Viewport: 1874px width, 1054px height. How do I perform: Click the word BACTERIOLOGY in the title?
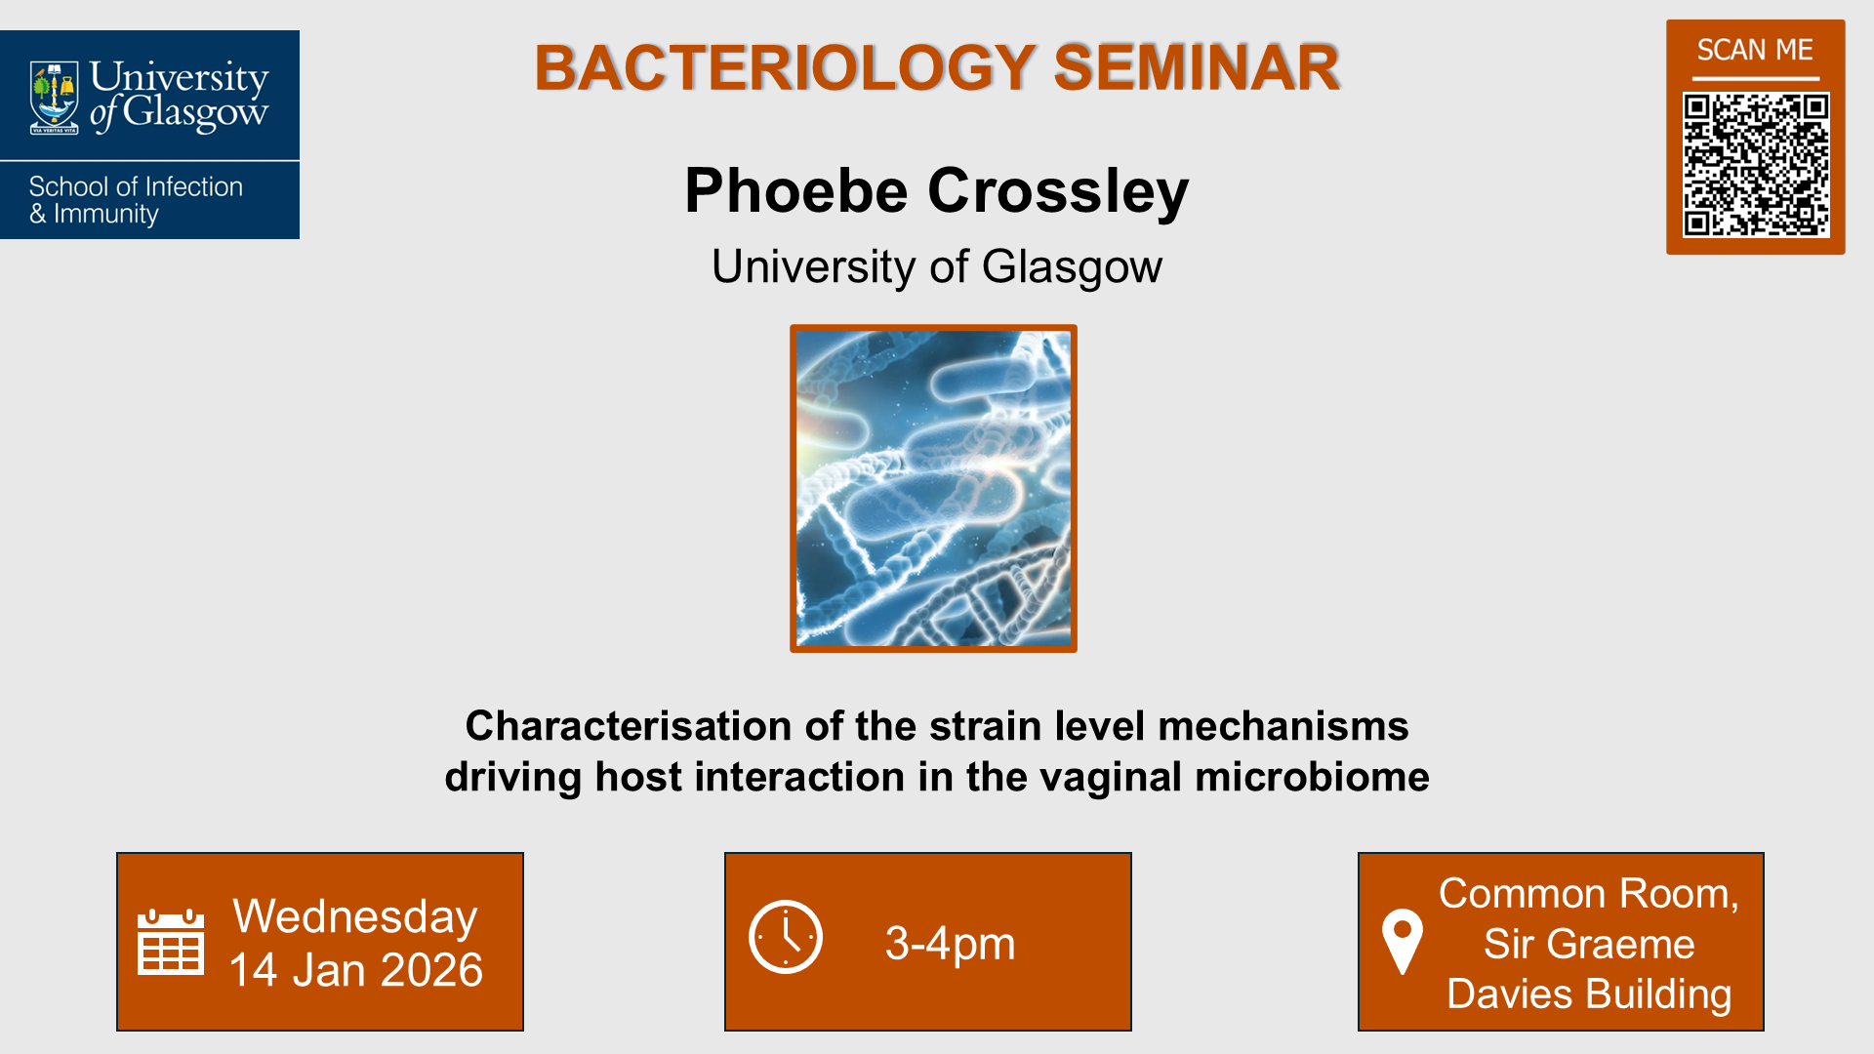[784, 68]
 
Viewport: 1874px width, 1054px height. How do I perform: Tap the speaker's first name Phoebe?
[796, 190]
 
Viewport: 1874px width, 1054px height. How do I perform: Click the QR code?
[1755, 164]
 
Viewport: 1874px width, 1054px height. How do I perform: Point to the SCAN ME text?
[1755, 50]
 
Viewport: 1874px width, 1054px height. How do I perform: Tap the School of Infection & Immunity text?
[136, 200]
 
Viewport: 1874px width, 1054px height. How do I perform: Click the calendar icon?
[171, 942]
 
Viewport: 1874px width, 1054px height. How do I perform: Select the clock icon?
[786, 937]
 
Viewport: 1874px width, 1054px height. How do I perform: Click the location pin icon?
[1403, 941]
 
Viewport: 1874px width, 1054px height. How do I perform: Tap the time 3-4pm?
[950, 944]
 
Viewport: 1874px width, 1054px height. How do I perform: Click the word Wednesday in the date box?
[355, 916]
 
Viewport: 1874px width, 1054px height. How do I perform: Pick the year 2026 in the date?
[431, 970]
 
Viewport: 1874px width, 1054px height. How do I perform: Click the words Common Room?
[1588, 894]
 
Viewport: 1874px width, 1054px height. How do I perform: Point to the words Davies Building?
[1588, 993]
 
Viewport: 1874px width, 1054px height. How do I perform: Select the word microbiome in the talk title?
[1311, 777]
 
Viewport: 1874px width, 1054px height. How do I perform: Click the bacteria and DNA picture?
[933, 488]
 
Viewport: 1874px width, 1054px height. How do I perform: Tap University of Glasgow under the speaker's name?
[936, 266]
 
